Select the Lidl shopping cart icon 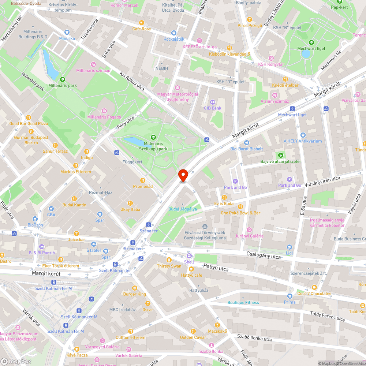tap(290, 247)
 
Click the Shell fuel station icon tap(189, 256)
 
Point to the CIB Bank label tap(212, 108)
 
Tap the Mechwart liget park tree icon tap(311, 42)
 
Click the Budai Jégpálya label tap(182, 209)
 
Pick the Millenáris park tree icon tap(62, 79)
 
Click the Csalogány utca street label tap(264, 255)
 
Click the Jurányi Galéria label tap(249, 236)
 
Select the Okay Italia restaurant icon tap(130, 203)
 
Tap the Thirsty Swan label tap(169, 266)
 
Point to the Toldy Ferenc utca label tap(327, 316)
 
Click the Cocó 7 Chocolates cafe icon tap(314, 287)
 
